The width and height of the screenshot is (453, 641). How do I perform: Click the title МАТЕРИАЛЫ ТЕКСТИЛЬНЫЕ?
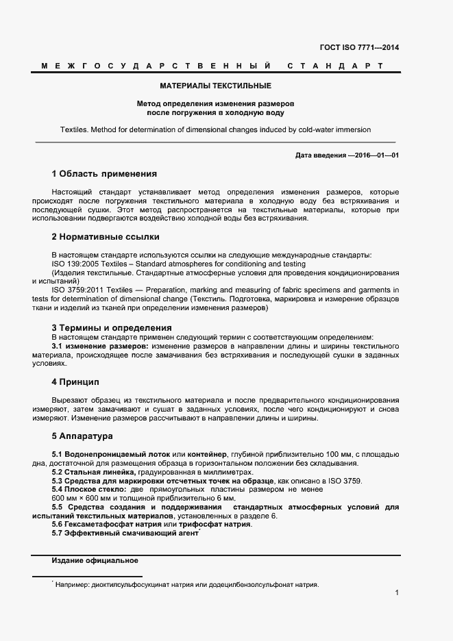point(216,86)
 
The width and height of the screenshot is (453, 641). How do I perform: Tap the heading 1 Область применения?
point(104,174)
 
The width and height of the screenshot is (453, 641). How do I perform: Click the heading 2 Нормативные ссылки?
point(106,237)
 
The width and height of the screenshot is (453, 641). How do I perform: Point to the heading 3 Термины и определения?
point(112,328)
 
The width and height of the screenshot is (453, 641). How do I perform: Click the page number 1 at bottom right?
point(397,592)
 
